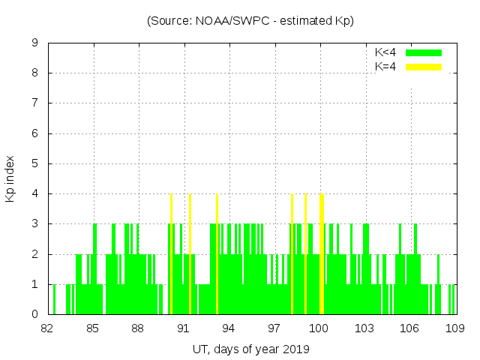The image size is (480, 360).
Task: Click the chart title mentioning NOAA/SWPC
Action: (250, 21)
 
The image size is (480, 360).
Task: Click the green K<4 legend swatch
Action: (424, 52)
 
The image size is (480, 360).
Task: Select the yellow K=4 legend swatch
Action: (424, 67)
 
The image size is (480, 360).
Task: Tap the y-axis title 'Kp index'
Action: (10, 179)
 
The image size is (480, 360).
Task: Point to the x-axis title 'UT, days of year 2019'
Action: (250, 349)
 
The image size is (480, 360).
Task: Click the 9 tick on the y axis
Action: (34, 43)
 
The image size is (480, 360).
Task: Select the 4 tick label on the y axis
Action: (34, 193)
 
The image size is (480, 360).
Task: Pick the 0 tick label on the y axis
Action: (34, 314)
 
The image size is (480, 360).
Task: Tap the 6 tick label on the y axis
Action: (34, 133)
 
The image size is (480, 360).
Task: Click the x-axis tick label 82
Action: (47, 328)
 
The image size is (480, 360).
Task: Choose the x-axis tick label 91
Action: (183, 328)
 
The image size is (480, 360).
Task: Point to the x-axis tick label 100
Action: (319, 328)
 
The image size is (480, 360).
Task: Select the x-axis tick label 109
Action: (454, 328)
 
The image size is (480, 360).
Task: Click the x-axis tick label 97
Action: (274, 328)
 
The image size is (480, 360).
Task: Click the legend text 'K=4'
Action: (385, 67)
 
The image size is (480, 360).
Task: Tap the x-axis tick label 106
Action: (409, 328)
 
